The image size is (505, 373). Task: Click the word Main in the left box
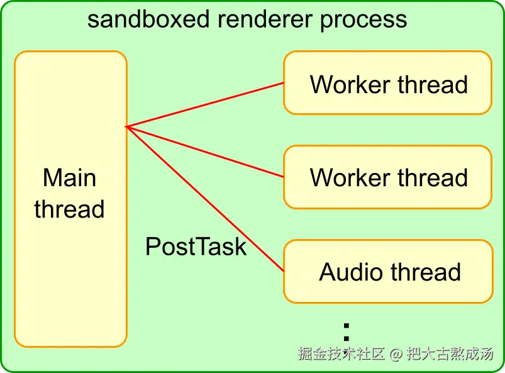pyautogui.click(x=69, y=178)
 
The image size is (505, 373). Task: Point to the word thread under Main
pyautogui.click(x=69, y=209)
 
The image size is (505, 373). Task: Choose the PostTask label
pyautogui.click(x=196, y=247)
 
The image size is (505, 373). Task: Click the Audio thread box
pyautogui.click(x=387, y=272)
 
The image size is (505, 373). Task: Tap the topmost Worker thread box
pyautogui.click(x=387, y=83)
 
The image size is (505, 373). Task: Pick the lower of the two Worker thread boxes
pyautogui.click(x=387, y=177)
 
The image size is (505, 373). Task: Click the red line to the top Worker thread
pyautogui.click(x=208, y=104)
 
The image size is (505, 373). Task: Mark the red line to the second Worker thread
pyautogui.click(x=208, y=152)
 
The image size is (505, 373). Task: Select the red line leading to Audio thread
pyautogui.click(x=208, y=201)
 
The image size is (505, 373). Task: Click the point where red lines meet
pyautogui.click(x=127, y=127)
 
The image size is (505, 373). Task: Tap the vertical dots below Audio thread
pyautogui.click(x=346, y=331)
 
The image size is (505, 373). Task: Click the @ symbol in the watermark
pyautogui.click(x=395, y=354)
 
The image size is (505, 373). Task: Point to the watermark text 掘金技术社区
pyautogui.click(x=341, y=354)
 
